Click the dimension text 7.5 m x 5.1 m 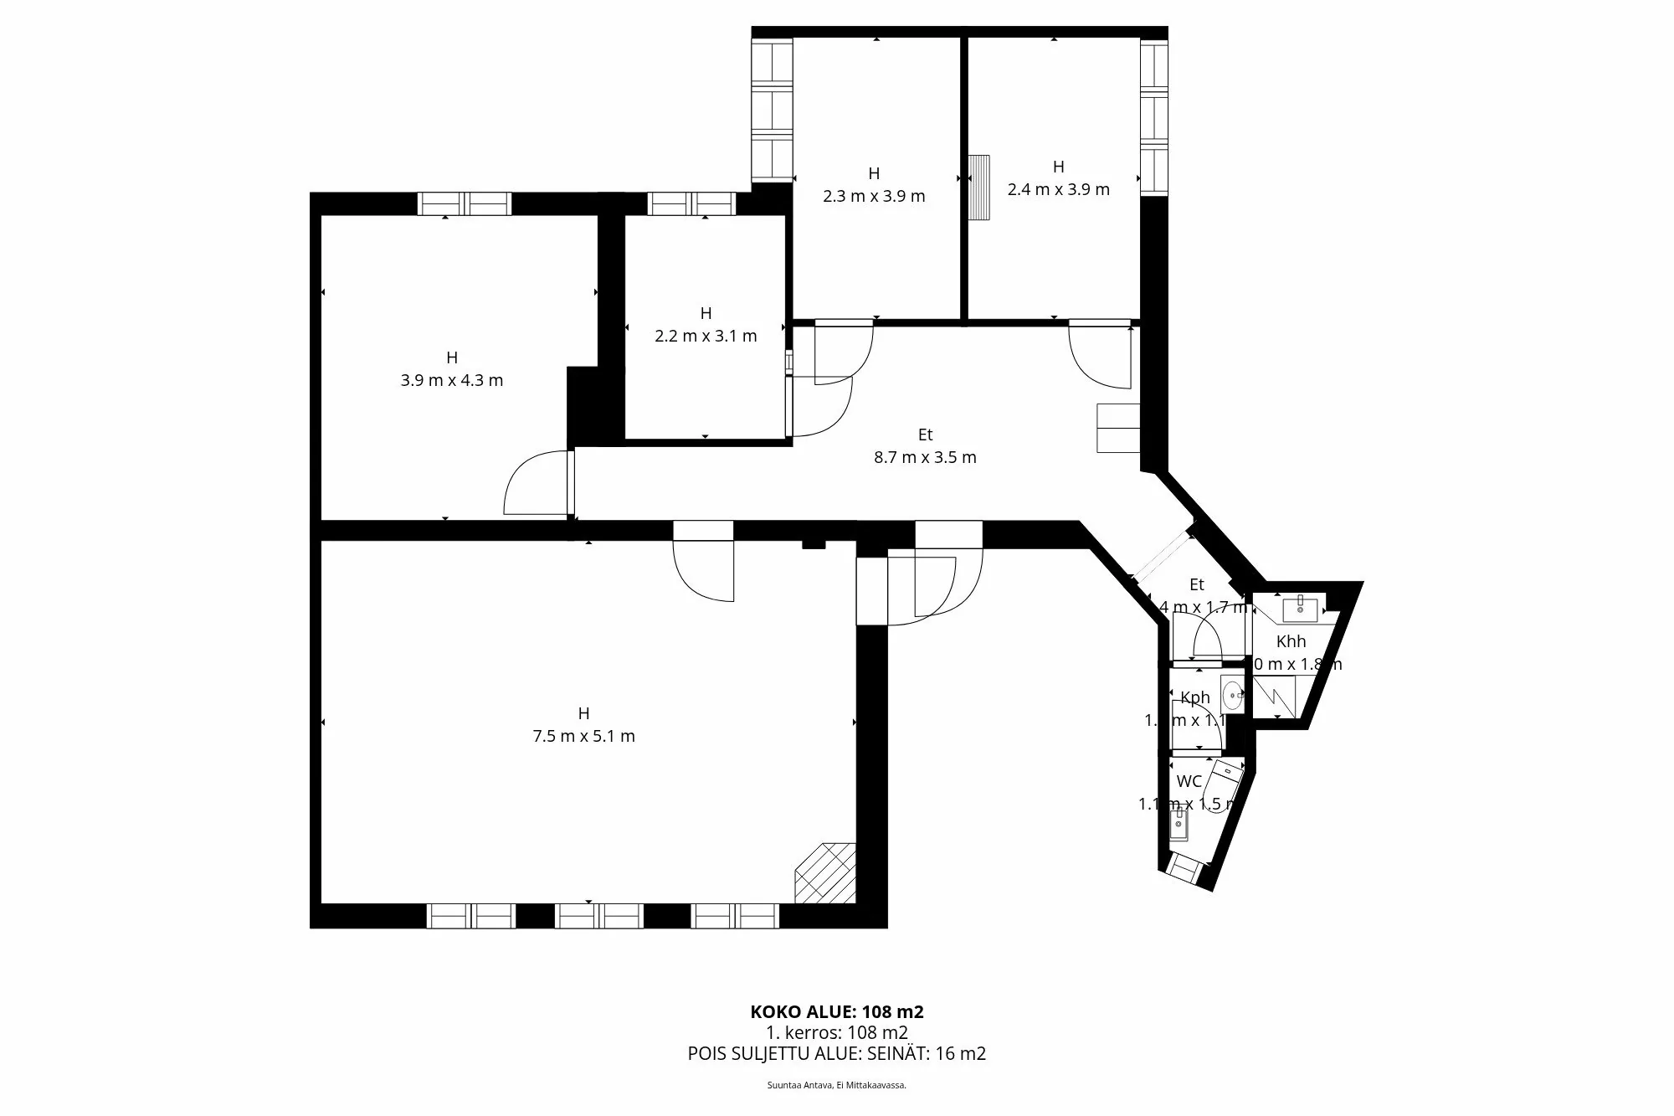(583, 737)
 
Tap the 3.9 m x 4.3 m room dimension (452, 380)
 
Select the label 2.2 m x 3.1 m (706, 336)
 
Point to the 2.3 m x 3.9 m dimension (874, 196)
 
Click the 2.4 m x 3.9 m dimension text (1058, 189)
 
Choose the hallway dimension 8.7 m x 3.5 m (925, 457)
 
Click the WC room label (1189, 781)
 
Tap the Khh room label (1291, 641)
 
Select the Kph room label (1195, 697)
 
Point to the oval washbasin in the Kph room (1232, 694)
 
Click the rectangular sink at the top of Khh (1300, 606)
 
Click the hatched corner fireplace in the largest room (825, 873)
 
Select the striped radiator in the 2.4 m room (979, 188)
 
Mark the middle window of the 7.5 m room (599, 916)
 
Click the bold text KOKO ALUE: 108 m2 (837, 1011)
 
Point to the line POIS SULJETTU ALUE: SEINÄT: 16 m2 (837, 1053)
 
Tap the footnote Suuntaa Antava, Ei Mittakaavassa (837, 1085)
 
